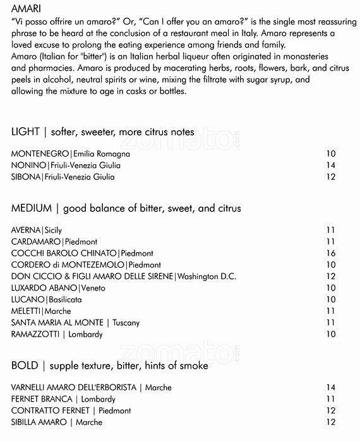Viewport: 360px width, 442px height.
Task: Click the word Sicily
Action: click(54, 230)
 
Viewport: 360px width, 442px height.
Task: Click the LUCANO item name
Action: click(28, 299)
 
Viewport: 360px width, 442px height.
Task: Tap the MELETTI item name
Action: click(27, 311)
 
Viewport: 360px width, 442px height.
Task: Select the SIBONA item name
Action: click(26, 177)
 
